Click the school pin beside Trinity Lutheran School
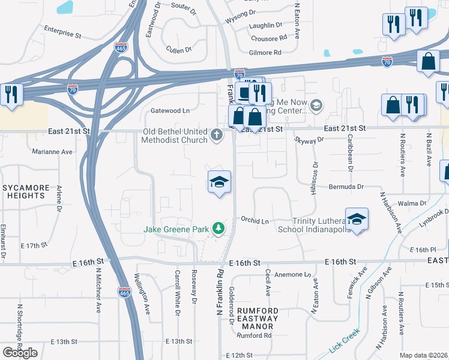pyautogui.click(x=357, y=219)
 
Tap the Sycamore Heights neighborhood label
pyautogui.click(x=25, y=191)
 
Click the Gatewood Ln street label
pyautogui.click(x=170, y=110)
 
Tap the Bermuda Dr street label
pyautogui.click(x=346, y=187)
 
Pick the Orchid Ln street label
pyautogui.click(x=255, y=221)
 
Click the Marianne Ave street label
pyautogui.click(x=52, y=152)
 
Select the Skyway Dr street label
pyautogui.click(x=309, y=139)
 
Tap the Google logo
pyautogui.click(x=20, y=353)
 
